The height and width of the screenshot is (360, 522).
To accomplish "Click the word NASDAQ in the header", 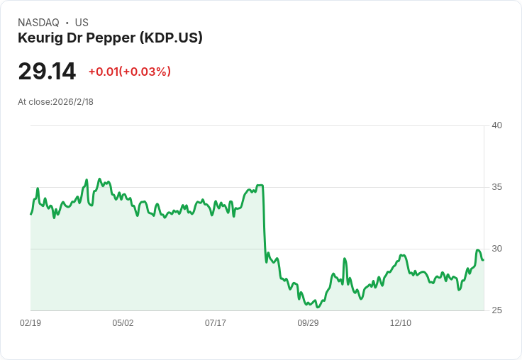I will tap(38, 23).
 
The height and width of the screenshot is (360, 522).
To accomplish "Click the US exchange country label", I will tap(82, 23).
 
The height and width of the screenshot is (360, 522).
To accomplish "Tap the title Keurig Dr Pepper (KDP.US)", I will tap(110, 38).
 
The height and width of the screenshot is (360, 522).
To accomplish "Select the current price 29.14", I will tap(47, 72).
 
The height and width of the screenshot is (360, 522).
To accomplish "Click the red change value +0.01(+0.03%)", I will tap(129, 72).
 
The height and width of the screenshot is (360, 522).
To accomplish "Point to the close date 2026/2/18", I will tap(73, 102).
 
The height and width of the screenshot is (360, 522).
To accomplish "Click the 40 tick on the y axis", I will tap(496, 125).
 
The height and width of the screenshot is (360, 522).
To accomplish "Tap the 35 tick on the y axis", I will tap(496, 187).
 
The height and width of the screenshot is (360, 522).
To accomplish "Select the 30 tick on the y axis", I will tap(496, 249).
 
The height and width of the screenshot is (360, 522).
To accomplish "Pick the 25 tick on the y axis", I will tap(496, 310).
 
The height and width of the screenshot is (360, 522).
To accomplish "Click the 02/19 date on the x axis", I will tap(30, 323).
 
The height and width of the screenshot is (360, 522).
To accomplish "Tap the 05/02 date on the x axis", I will tap(123, 323).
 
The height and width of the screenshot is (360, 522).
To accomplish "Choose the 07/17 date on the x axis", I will tap(216, 323).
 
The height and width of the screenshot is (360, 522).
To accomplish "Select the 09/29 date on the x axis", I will tap(308, 323).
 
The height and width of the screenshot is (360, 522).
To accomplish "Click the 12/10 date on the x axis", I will tap(401, 323).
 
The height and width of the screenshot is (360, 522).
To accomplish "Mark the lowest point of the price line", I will tap(318, 308).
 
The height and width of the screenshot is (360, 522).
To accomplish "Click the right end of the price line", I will tap(483, 259).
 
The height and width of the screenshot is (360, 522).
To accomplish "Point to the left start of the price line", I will tap(30, 213).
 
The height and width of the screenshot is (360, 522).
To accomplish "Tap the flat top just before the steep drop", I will tap(260, 186).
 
